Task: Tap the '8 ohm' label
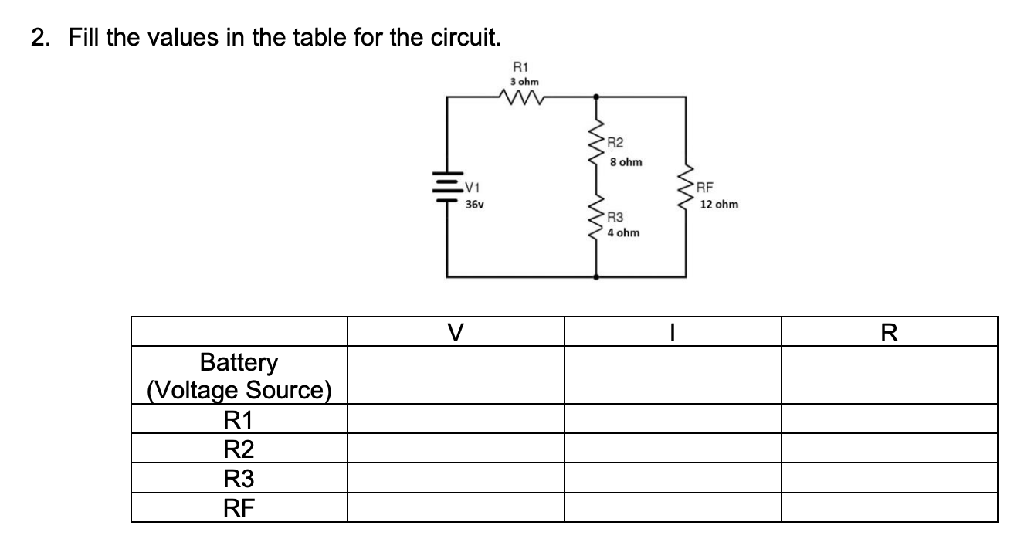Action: [626, 163]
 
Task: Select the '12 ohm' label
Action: [720, 205]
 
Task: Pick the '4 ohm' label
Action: [624, 232]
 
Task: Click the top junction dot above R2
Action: [596, 97]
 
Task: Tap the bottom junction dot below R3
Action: [596, 276]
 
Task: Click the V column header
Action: [456, 332]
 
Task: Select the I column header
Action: [673, 332]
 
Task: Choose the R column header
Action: [890, 332]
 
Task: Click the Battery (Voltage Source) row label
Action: [239, 375]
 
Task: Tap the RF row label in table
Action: [239, 507]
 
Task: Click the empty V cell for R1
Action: [456, 419]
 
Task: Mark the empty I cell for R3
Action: [673, 479]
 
